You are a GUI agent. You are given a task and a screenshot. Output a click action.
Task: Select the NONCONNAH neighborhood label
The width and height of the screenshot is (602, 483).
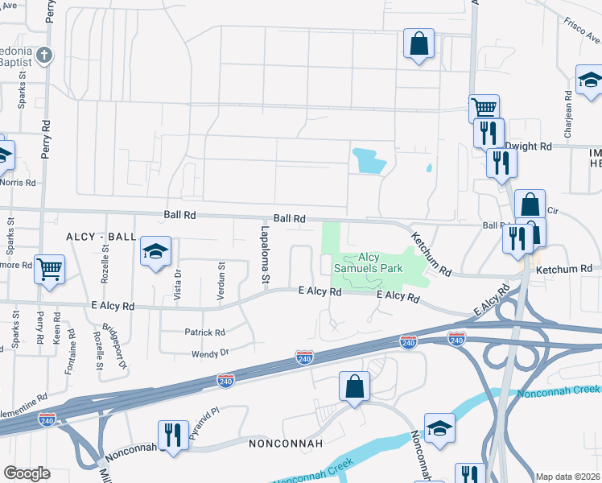coord(286,444)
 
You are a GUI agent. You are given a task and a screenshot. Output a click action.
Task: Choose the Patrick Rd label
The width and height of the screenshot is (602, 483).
coord(204,332)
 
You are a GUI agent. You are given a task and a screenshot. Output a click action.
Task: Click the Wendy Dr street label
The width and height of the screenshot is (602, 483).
coord(210,353)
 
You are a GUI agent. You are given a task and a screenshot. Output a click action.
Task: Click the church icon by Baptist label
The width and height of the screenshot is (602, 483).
coord(46,56)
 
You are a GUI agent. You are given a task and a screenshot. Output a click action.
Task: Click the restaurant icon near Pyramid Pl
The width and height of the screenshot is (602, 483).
coord(173,436)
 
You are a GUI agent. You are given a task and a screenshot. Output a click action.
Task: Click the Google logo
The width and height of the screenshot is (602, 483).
coord(27,473)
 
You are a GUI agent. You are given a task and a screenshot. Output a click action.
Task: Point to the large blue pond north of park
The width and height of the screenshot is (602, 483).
coord(368,160)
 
